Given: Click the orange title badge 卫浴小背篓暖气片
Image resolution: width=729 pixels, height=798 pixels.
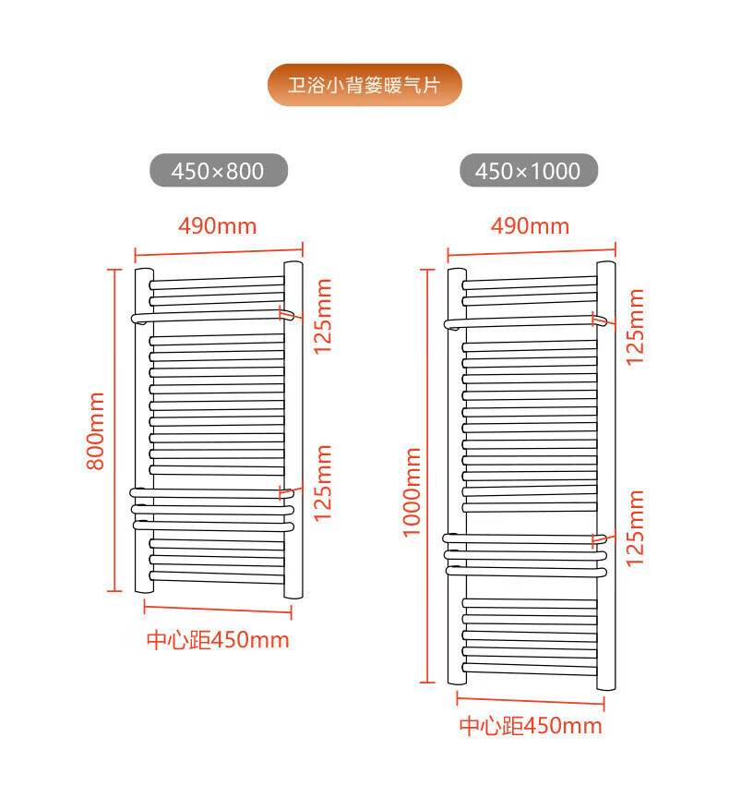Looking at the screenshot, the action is pos(364,85).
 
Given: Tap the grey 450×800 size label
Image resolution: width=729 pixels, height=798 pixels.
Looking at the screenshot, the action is pos(219,171).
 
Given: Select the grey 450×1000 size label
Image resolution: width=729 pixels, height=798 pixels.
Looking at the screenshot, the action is pos(528,171).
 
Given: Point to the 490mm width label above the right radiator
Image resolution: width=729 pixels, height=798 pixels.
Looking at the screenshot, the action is pos(530,225).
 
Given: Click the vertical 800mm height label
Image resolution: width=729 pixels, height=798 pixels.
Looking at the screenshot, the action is pos(95,430).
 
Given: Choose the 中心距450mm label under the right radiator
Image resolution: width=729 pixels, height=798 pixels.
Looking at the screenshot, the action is pos(531,726).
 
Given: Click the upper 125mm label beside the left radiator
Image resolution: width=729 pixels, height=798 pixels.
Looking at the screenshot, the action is pos(322,317).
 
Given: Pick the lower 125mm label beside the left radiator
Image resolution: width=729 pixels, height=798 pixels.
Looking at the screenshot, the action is pos(322,483).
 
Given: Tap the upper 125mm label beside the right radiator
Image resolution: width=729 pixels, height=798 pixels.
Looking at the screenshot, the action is pos(635,327).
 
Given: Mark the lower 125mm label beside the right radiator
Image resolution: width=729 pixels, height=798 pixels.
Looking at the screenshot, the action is pos(635,527).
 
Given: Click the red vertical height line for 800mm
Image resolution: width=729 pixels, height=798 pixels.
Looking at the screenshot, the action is pos(114,429).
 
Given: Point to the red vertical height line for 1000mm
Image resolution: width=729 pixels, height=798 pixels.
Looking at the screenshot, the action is pos(426,476).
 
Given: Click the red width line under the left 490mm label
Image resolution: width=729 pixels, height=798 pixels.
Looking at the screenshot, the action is pos(219,249).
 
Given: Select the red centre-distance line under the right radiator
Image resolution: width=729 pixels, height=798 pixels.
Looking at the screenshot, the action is pos(530,701).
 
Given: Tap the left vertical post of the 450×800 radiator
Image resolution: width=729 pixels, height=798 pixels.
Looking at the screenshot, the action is pos(143,430).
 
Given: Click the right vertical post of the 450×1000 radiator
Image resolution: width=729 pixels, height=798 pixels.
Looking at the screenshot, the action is pos(606,476).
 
